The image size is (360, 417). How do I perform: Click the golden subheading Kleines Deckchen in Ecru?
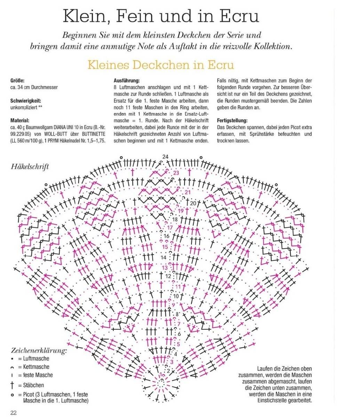161,65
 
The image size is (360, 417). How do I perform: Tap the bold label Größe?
18,80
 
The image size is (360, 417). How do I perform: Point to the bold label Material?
20,121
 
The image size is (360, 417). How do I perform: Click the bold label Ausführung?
127,80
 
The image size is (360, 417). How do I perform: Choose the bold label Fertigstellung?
232,121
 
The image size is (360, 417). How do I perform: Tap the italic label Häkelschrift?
30,166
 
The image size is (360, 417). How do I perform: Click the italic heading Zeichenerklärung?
39,350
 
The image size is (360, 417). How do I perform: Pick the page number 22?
14,412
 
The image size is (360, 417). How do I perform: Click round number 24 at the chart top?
165,157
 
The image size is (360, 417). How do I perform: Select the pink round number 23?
176,173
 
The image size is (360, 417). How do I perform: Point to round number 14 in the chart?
163,257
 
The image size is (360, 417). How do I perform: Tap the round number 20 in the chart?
193,203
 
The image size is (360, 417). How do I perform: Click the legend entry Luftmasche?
36,359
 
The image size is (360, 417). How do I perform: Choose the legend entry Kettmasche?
36,367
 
